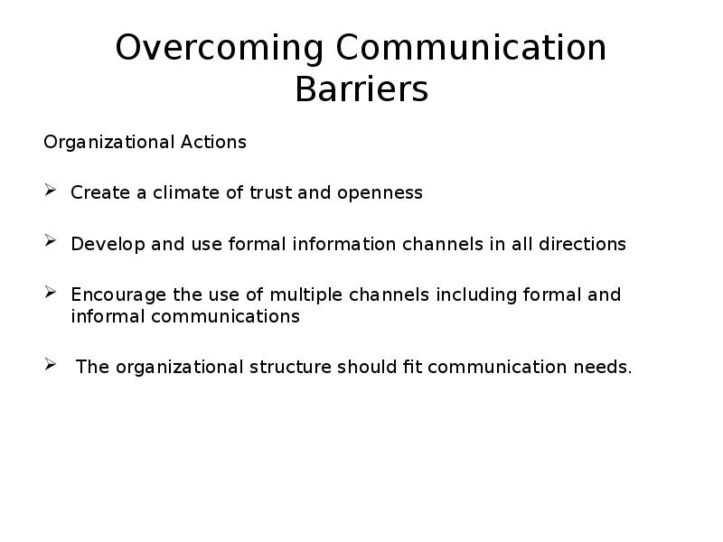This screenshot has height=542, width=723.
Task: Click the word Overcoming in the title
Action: point(219,48)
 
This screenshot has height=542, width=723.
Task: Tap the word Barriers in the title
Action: point(362,89)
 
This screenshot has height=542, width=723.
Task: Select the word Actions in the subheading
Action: point(213,142)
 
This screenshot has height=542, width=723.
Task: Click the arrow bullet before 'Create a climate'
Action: point(51,190)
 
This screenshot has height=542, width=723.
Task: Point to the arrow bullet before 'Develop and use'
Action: point(51,240)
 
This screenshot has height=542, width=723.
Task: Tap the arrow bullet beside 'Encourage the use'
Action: point(51,292)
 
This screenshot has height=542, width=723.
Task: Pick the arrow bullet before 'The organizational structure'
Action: point(51,365)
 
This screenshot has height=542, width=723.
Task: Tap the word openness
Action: point(380,193)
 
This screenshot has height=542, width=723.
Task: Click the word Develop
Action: point(108,245)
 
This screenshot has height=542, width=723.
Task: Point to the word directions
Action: point(582,244)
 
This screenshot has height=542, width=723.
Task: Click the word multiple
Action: point(306,295)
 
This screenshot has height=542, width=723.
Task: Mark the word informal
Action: point(108,316)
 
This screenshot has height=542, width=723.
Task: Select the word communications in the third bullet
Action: point(225,316)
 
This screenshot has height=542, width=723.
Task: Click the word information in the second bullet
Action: point(344,244)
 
